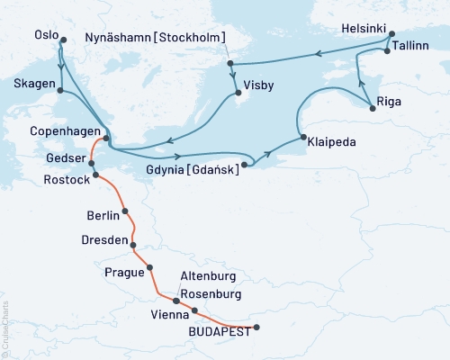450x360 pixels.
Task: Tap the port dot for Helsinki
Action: click(389, 40)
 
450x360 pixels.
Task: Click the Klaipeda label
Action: click(330, 141)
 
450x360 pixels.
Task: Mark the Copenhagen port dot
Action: click(106, 138)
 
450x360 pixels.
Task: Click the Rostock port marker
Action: click(94, 174)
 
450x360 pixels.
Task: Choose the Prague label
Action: click(124, 271)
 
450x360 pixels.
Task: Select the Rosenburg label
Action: click(210, 293)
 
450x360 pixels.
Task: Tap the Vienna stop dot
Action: click(194, 311)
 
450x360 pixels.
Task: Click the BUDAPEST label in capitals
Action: click(215, 331)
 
